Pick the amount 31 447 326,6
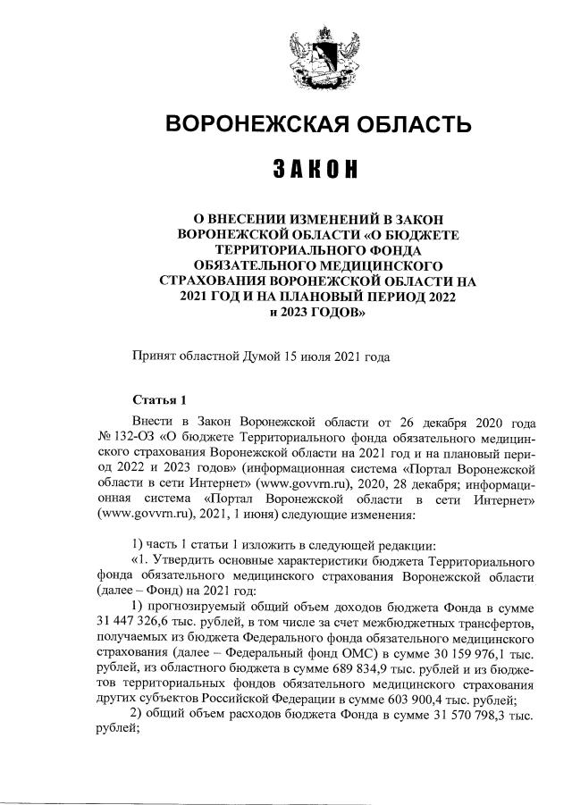(x=136, y=623)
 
